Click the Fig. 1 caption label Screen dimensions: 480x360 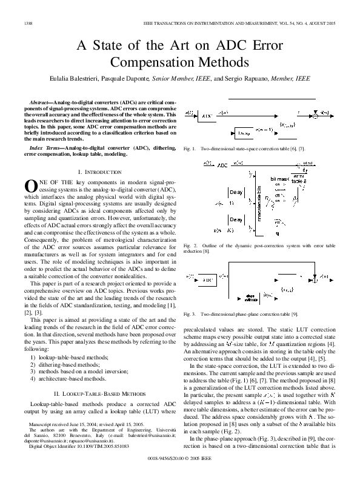click(x=188, y=148)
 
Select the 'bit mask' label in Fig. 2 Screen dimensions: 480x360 click(x=278, y=179)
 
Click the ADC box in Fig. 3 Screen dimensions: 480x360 click(x=207, y=282)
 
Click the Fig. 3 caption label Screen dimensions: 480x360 click(x=188, y=315)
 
